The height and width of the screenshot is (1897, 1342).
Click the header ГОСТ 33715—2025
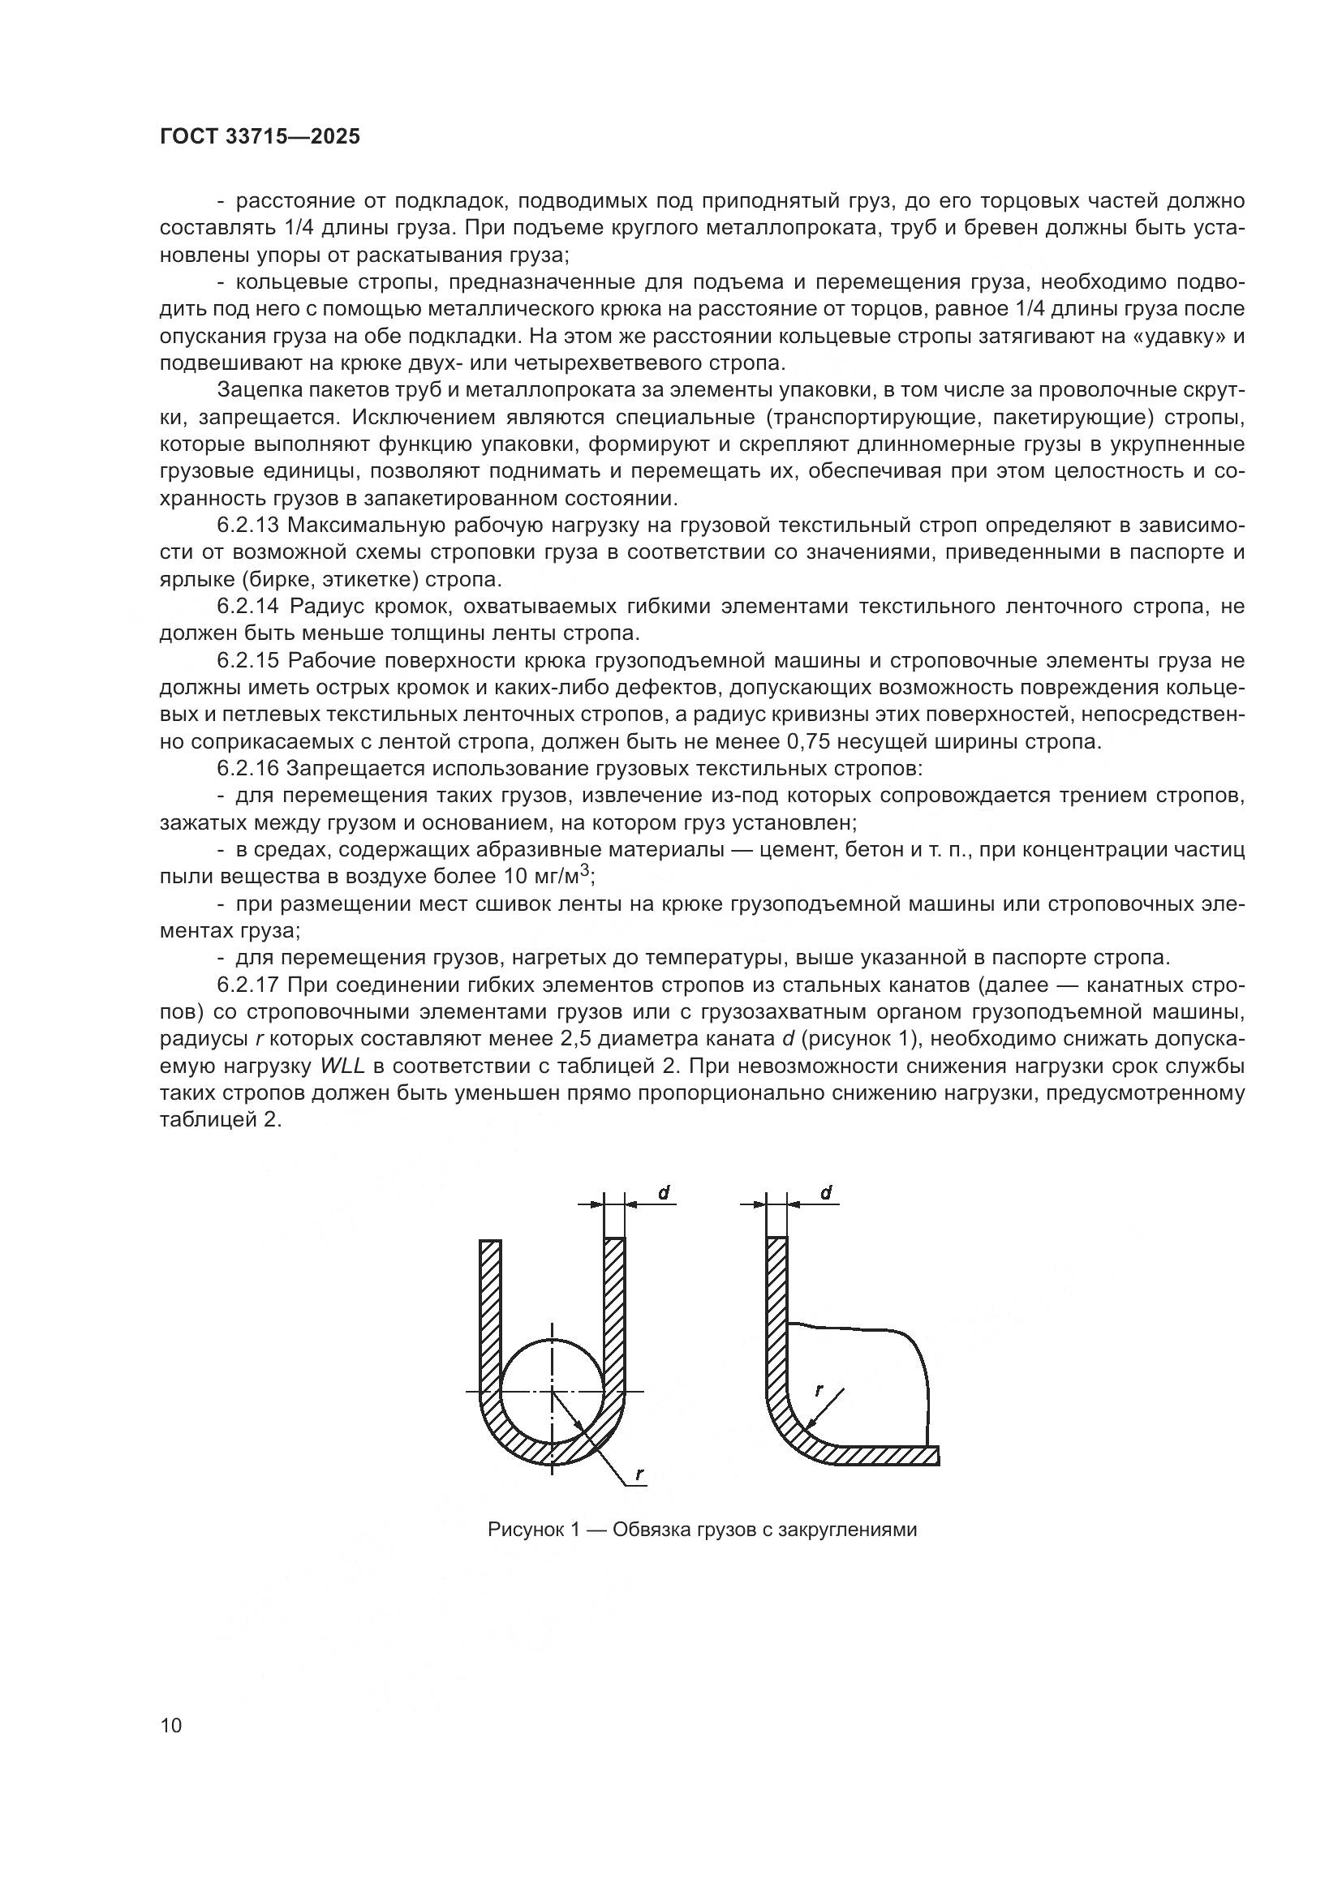click(260, 137)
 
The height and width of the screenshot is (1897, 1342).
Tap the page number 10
click(171, 1726)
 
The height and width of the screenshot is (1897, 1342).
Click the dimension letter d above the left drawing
click(664, 1192)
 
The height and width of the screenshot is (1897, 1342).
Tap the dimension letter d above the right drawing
click(826, 1192)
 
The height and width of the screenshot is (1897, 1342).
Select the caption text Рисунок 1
click(529, 1530)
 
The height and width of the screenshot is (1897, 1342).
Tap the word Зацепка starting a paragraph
click(252, 391)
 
